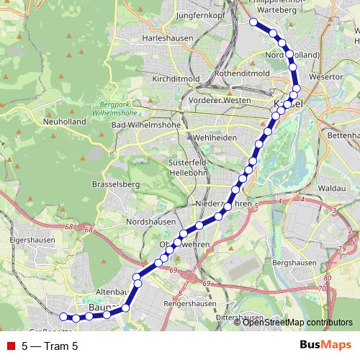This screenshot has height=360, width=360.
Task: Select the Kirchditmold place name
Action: (x=175, y=78)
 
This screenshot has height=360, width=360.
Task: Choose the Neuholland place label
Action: (x=65, y=122)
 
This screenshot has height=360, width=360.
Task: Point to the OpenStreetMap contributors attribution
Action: (x=298, y=322)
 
